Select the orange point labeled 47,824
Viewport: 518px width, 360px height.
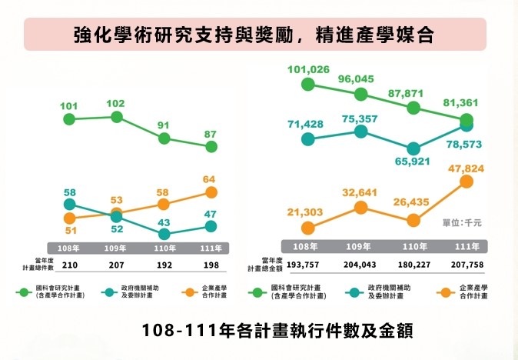tap(466, 182)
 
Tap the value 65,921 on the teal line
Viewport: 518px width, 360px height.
tap(413, 162)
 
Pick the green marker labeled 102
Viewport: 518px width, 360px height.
tap(117, 117)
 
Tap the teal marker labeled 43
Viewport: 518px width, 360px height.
tap(164, 234)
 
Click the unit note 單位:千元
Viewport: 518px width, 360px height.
tap(462, 222)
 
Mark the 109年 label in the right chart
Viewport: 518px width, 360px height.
tap(360, 248)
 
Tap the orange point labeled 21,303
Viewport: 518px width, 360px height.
tap(307, 228)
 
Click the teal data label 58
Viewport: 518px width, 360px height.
tap(69, 192)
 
